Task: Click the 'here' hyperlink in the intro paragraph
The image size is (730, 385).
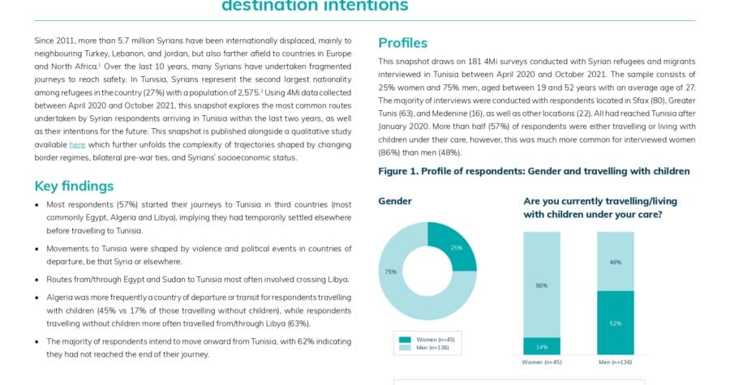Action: (77, 144)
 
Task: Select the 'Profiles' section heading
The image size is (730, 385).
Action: (402, 43)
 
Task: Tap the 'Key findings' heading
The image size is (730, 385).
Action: (74, 186)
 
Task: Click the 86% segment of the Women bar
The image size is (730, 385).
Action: (542, 284)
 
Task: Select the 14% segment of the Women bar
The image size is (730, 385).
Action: (542, 346)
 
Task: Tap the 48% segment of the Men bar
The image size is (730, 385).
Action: (616, 262)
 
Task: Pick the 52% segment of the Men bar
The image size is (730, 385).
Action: (616, 323)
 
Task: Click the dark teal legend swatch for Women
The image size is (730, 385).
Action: (405, 340)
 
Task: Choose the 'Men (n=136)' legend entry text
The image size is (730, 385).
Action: (432, 348)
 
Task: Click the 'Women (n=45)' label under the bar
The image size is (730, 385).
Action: (542, 362)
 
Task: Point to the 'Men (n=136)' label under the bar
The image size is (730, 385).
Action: (616, 362)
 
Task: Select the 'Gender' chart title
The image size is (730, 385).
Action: (395, 201)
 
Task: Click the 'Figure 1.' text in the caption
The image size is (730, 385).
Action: (398, 171)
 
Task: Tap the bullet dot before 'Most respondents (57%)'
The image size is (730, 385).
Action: (36, 204)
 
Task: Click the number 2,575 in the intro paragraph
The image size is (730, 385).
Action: (246, 92)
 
